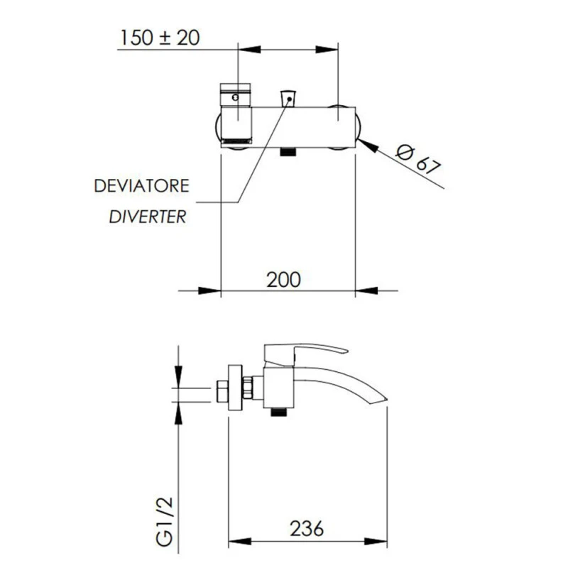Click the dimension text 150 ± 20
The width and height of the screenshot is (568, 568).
point(159,37)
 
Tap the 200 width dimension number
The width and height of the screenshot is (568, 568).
point(284,279)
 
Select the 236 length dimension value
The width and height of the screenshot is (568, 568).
point(307,528)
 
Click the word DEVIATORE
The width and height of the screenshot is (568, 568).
point(142,186)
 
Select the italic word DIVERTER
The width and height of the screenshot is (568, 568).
point(148,217)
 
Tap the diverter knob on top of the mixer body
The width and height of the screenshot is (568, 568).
point(288,99)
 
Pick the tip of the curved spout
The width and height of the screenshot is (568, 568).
point(383,399)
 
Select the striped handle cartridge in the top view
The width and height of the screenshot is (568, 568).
point(236,114)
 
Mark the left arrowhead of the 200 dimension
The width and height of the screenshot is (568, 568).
point(209,290)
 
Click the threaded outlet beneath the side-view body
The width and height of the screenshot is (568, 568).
point(280,411)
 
